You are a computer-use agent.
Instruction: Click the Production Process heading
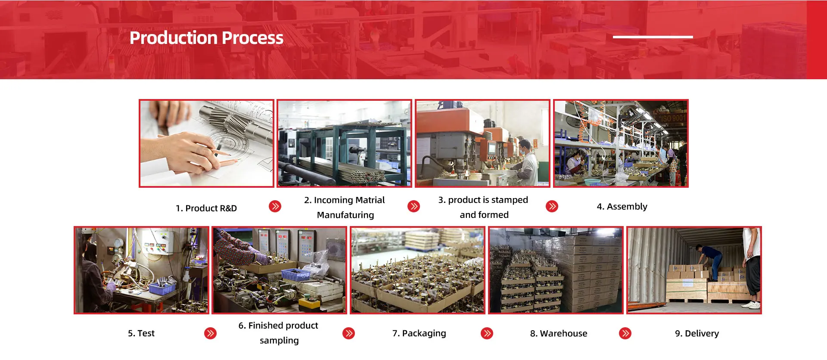[206, 38]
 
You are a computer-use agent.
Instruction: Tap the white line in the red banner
[653, 37]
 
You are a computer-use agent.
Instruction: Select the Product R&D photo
[206, 143]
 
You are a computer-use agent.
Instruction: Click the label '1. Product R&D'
[206, 208]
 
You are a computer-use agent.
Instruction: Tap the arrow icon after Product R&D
[275, 206]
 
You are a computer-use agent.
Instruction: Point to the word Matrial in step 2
[367, 200]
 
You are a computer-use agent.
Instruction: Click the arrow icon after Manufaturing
[413, 206]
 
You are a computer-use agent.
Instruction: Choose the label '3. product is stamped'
[483, 200]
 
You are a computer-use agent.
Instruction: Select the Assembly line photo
[621, 143]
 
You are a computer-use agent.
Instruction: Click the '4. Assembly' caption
[622, 207]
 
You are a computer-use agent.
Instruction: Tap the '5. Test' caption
[141, 333]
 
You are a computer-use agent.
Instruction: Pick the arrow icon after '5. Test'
[210, 333]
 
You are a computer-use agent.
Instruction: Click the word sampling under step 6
[279, 341]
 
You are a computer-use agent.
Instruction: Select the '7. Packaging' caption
[419, 333]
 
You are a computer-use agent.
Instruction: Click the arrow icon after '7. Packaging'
[487, 333]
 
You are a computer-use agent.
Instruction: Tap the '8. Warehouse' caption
[559, 333]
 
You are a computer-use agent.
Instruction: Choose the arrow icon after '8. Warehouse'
[625, 333]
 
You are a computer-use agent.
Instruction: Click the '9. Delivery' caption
[697, 333]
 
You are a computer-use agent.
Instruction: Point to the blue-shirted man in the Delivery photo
[709, 260]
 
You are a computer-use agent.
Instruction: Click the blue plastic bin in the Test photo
[162, 288]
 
